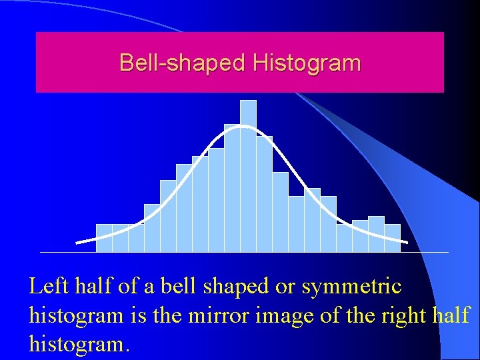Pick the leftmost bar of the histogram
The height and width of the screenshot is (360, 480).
[x=104, y=238]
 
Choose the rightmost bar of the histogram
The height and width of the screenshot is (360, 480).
[x=392, y=238]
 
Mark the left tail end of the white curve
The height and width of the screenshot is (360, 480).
[x=78, y=243]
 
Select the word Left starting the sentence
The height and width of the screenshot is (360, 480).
[x=47, y=287]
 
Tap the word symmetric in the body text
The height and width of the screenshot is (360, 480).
[x=351, y=287]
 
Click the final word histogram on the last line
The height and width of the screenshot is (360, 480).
[x=79, y=344]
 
